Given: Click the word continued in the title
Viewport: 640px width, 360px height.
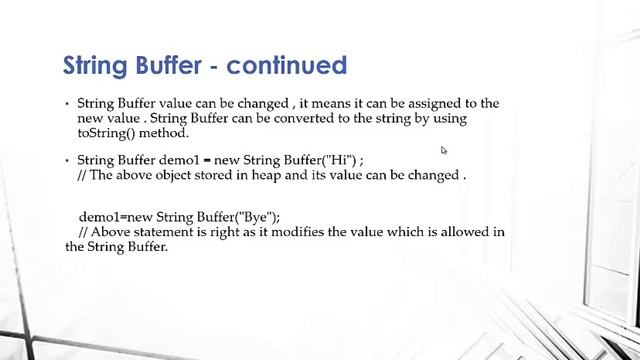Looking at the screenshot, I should [x=287, y=66].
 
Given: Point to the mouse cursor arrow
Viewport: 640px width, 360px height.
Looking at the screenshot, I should [x=443, y=151].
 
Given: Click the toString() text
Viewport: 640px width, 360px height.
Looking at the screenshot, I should [x=107, y=133].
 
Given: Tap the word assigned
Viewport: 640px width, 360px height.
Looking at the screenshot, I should [x=420, y=103].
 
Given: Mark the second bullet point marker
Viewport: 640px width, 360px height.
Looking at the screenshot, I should [x=67, y=161].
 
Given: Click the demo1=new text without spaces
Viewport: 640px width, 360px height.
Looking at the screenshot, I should [x=114, y=217].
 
